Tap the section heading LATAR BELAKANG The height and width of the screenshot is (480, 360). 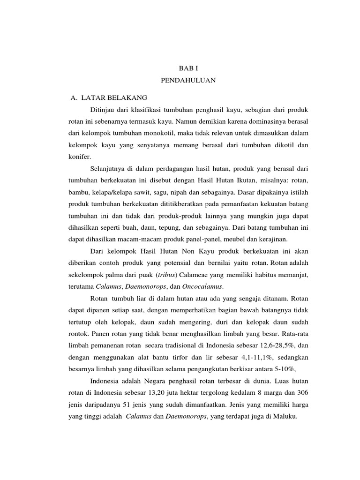(114, 97)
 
